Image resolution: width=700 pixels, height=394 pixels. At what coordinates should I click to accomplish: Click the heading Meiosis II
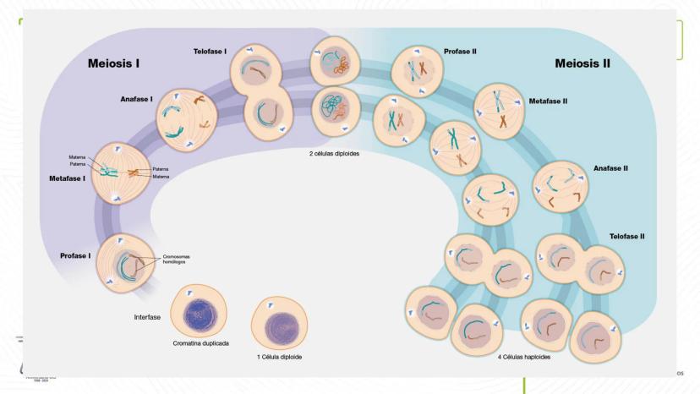tap(582, 63)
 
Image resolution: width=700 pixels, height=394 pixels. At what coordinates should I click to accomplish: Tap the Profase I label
tap(75, 255)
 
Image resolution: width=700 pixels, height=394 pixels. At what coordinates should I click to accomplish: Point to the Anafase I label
tap(135, 99)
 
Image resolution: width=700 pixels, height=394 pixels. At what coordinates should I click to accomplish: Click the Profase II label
tap(461, 52)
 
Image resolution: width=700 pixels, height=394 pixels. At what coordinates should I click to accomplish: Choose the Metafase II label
tap(548, 101)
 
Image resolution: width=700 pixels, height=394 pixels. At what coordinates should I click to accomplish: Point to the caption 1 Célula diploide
tap(280, 357)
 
